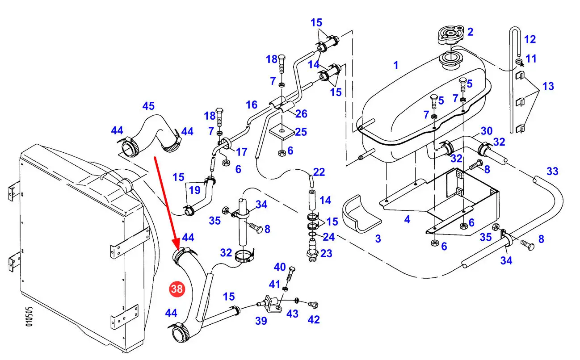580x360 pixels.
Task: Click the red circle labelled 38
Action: point(177,289)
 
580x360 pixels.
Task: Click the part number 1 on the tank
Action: point(395,65)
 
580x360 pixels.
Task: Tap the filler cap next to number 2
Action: point(450,35)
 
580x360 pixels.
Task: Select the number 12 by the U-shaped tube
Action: point(530,39)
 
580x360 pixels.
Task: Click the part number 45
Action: point(148,106)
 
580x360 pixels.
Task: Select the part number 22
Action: point(319,172)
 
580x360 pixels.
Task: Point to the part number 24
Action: point(328,236)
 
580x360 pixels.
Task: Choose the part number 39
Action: point(261,320)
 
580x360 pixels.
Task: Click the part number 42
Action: point(314,320)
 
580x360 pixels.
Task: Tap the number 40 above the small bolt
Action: point(280,267)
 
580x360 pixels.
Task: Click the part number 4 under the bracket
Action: point(407,219)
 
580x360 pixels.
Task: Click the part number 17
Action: point(241,152)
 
